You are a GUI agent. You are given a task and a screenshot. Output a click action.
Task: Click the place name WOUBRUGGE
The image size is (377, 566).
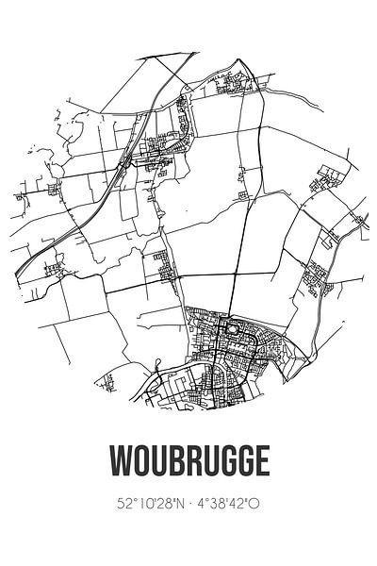coord(188,462)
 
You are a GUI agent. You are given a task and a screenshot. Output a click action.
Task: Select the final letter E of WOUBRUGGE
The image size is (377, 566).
coord(261,462)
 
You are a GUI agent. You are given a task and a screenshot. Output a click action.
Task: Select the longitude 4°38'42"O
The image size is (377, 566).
coord(234,505)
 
